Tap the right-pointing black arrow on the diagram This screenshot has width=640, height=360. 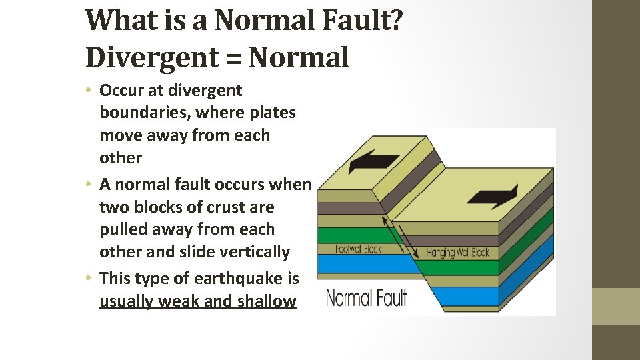click(x=493, y=196)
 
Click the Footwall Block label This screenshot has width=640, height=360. click(x=358, y=249)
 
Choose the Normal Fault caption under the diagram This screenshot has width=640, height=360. click(x=366, y=297)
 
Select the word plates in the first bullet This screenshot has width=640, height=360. click(x=272, y=113)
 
